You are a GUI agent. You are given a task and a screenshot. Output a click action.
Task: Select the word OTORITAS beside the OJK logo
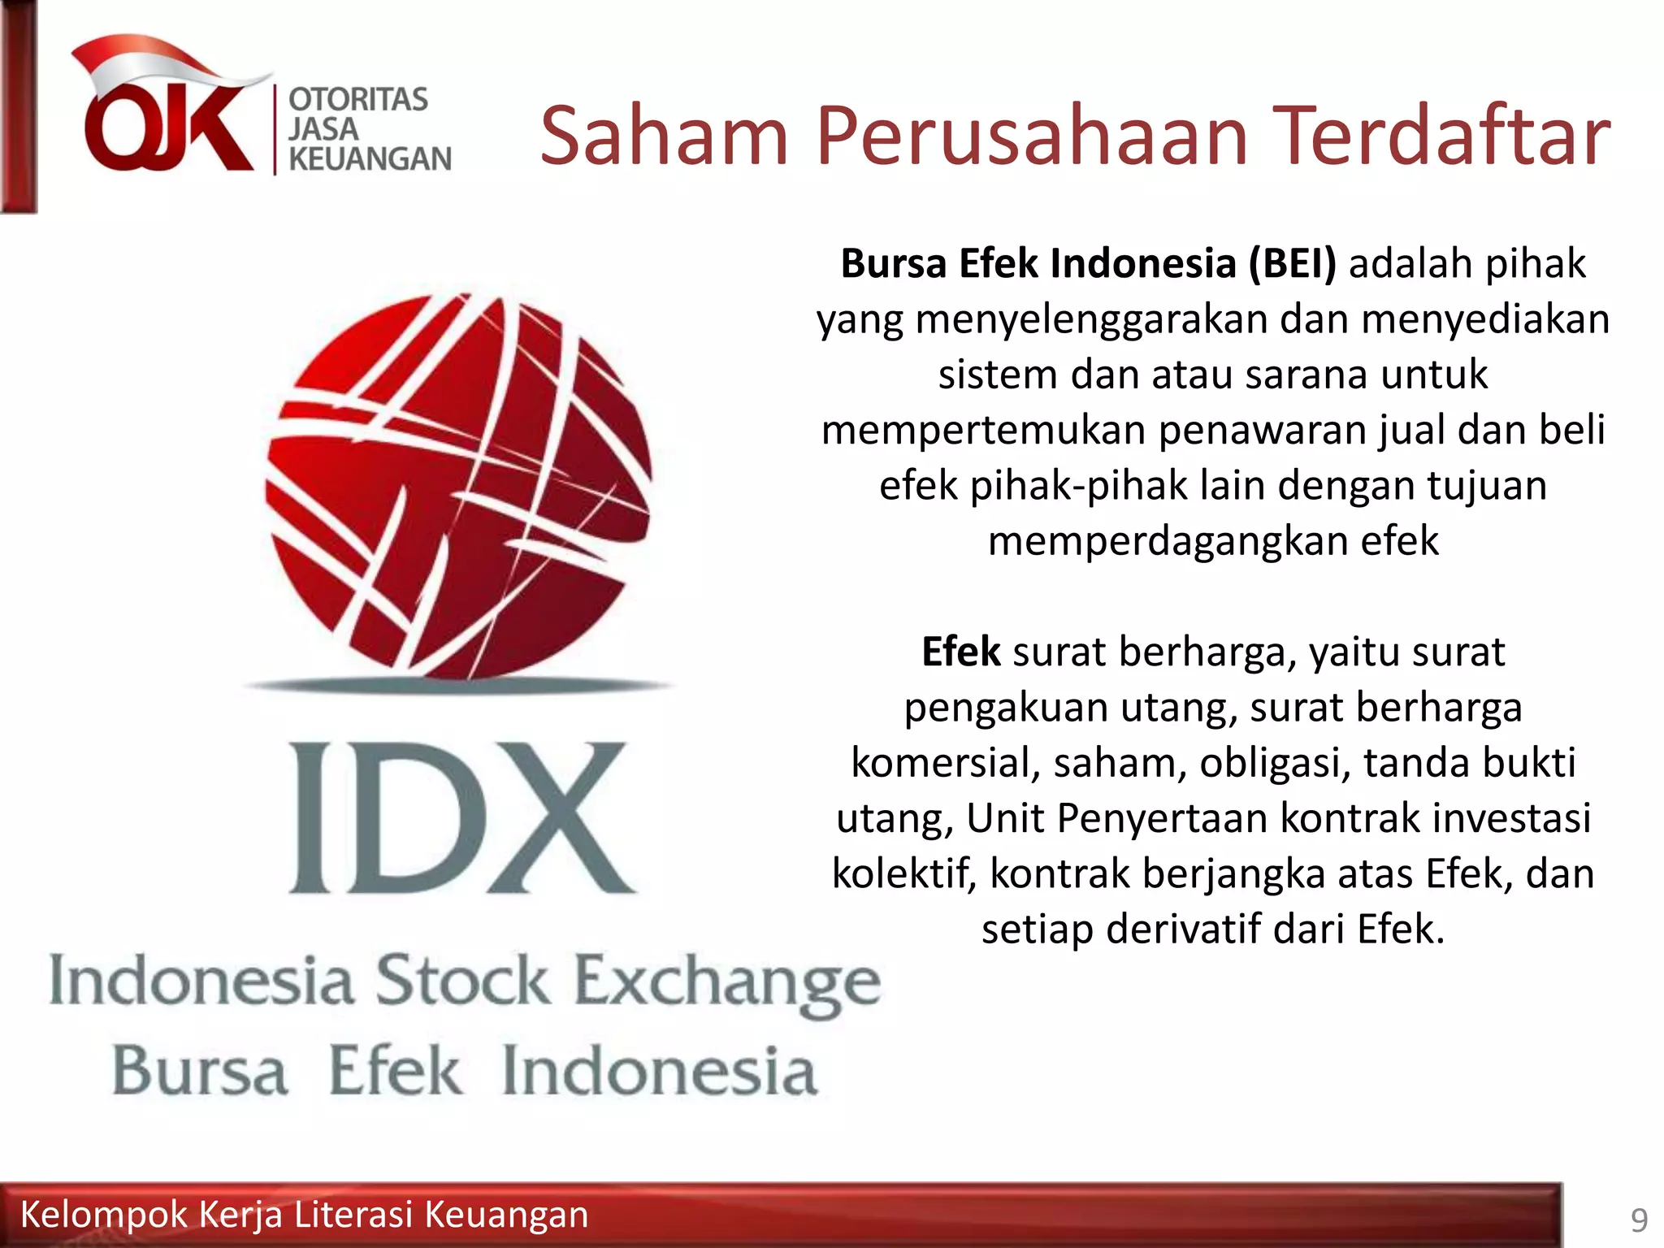pos(358,99)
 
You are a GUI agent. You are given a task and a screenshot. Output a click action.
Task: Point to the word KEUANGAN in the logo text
pos(370,159)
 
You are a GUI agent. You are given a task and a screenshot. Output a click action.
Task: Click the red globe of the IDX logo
pos(458,485)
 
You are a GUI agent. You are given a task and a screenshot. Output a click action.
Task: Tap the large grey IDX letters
pos(461,817)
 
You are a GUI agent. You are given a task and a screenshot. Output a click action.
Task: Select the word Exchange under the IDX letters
pos(727,983)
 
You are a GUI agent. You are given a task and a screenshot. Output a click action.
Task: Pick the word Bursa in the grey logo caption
pos(200,1071)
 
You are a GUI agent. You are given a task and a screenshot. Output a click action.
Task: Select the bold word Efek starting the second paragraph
pos(960,652)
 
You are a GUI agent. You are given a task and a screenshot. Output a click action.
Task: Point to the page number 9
pos(1639,1220)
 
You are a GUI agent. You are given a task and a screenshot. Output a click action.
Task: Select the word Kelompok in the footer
pos(103,1215)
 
